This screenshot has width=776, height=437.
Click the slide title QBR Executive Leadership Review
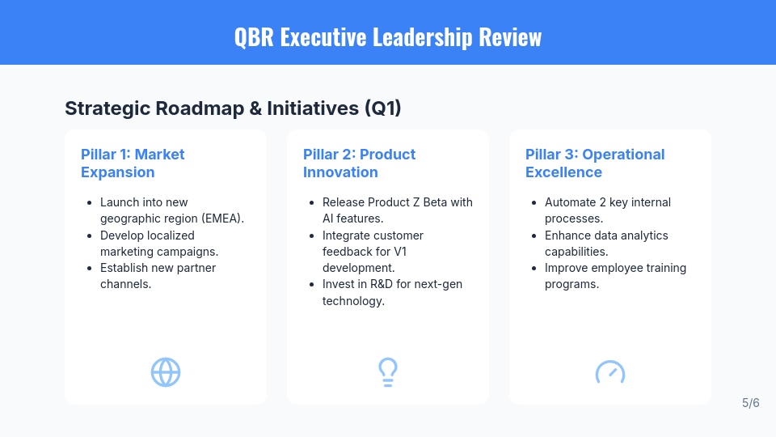coord(388,37)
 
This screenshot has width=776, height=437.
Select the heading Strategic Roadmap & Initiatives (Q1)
coord(233,108)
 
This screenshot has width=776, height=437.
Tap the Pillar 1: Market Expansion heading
coord(133,163)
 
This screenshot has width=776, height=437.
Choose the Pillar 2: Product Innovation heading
coord(359,163)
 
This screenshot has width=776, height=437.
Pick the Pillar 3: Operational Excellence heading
coord(594,163)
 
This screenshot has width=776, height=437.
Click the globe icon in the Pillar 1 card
coord(166,372)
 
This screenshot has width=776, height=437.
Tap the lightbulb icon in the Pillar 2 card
coord(388,372)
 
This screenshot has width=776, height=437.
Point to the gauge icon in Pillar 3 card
coord(610,373)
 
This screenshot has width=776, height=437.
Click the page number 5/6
coord(750,403)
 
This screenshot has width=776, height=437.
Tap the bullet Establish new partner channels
coord(158,275)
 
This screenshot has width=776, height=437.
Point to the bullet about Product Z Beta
coord(397,210)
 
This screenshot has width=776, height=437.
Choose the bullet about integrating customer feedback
coord(373,251)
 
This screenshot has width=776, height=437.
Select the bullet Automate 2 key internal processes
coord(607,210)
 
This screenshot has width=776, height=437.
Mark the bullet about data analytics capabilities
coord(606,243)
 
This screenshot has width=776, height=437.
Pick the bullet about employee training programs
coord(614,275)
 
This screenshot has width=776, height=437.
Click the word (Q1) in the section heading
coord(382,108)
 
